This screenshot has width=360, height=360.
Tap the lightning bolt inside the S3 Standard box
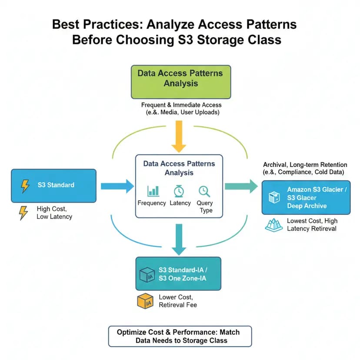point(25,186)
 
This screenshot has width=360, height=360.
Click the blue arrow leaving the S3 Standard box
point(117,186)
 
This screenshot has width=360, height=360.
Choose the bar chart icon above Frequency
point(153,190)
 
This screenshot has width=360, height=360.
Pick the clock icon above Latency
point(179,190)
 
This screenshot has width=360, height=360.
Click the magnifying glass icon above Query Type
point(204,190)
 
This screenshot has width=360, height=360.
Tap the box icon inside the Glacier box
point(274,197)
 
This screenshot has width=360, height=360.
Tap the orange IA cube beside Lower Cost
point(146,301)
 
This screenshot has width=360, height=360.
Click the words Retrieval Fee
point(178,305)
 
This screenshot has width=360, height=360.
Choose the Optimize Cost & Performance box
point(180,336)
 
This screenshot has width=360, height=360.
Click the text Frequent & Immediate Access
point(181,105)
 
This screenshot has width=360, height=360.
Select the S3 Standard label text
point(56,185)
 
